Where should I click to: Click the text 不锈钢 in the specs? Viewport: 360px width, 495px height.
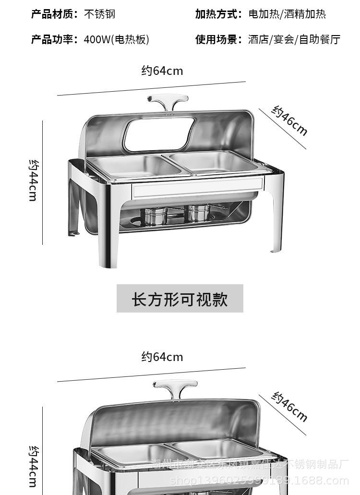pyautogui.click(x=100, y=14)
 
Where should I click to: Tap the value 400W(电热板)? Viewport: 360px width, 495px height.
pyautogui.click(x=116, y=39)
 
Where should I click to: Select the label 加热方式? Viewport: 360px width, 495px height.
pyautogui.click(x=218, y=14)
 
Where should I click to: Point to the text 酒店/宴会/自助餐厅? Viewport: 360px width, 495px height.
pyautogui.click(x=294, y=39)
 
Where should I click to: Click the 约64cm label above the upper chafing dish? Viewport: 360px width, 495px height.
pyautogui.click(x=162, y=71)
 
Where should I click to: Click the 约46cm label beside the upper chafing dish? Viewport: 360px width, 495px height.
pyautogui.click(x=289, y=121)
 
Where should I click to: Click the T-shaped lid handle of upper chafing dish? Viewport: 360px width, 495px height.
pyautogui.click(x=167, y=103)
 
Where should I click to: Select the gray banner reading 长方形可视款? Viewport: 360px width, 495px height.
pyautogui.click(x=180, y=299)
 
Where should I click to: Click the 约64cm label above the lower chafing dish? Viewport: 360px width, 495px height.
pyautogui.click(x=162, y=357)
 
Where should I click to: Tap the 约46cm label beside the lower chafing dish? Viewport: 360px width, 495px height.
pyautogui.click(x=289, y=407)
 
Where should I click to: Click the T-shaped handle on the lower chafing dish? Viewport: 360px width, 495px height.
pyautogui.click(x=175, y=388)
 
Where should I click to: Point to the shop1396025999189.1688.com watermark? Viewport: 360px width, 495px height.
pyautogui.click(x=260, y=481)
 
